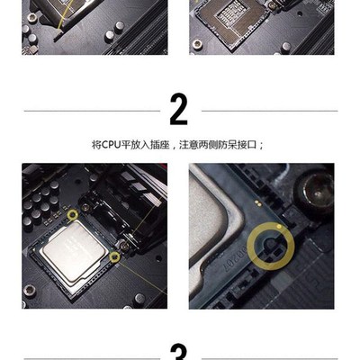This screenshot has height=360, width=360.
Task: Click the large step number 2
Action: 179,110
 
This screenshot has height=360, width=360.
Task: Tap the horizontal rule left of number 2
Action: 90,111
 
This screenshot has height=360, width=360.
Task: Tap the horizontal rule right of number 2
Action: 269,111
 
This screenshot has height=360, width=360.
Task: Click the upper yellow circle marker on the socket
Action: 73,216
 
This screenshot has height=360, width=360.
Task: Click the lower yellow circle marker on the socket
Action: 114,257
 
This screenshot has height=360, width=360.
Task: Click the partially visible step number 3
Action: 179,353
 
